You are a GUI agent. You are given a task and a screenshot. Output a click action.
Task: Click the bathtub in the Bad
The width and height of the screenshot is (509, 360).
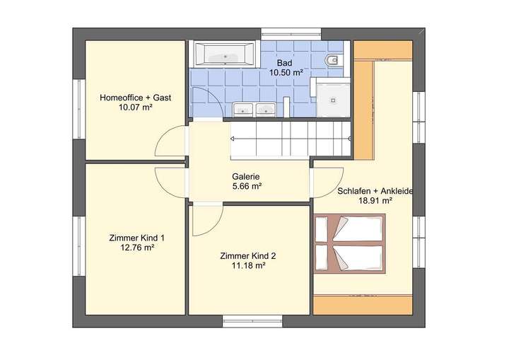click(226, 54)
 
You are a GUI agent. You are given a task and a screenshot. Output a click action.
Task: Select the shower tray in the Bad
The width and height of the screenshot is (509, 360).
click(329, 100)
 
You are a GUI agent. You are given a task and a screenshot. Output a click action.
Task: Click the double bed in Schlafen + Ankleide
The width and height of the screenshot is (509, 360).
click(350, 245)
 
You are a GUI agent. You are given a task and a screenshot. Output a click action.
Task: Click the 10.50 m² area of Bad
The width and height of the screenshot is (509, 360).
click(286, 72)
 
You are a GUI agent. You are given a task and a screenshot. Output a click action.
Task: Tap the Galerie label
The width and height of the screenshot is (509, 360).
click(247, 177)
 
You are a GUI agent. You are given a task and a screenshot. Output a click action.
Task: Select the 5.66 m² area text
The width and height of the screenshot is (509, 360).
click(247, 187)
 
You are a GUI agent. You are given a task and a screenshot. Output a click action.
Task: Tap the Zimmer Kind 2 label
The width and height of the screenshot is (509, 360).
click(242, 256)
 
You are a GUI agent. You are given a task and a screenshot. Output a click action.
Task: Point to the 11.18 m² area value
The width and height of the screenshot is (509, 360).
click(242, 267)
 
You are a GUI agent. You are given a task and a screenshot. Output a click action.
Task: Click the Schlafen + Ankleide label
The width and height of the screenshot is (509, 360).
click(375, 191)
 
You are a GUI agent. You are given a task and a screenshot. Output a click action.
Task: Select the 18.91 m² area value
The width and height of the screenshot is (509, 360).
click(375, 202)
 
